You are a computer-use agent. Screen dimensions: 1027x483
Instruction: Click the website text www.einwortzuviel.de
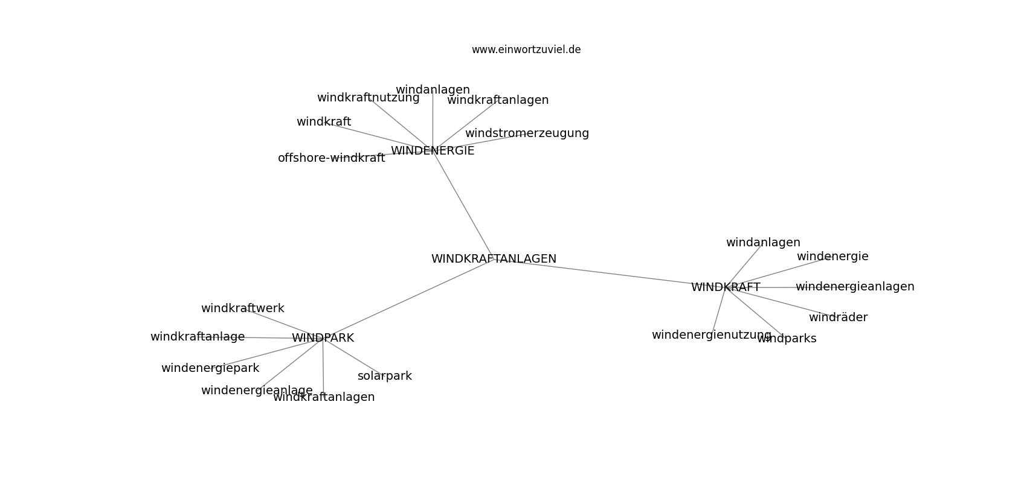click(526, 50)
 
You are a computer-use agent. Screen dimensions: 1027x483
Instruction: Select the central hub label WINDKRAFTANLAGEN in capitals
click(494, 259)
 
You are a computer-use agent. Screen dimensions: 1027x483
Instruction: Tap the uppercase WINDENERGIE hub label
click(433, 151)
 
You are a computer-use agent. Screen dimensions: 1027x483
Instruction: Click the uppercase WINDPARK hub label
click(323, 337)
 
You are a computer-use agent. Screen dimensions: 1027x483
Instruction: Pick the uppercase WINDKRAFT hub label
click(726, 287)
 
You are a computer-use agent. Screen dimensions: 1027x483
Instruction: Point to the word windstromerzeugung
click(527, 133)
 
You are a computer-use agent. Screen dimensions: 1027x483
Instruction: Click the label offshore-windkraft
click(331, 158)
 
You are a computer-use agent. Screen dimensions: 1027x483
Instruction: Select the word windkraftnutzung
click(368, 98)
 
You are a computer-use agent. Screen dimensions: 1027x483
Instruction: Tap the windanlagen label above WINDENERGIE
click(433, 90)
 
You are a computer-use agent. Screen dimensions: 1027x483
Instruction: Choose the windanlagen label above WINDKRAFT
click(763, 243)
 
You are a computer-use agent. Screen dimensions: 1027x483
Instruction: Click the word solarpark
click(385, 376)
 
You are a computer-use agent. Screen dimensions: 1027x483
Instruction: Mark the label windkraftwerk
click(242, 309)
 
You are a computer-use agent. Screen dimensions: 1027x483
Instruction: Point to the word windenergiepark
click(210, 368)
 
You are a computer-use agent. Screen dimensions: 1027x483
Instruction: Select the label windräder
click(838, 317)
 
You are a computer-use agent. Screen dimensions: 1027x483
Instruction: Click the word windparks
click(787, 339)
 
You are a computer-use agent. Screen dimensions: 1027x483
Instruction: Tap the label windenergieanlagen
click(855, 287)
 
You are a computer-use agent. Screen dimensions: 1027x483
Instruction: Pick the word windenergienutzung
click(711, 335)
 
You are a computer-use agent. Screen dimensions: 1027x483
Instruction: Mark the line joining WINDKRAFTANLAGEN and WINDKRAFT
click(610, 273)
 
